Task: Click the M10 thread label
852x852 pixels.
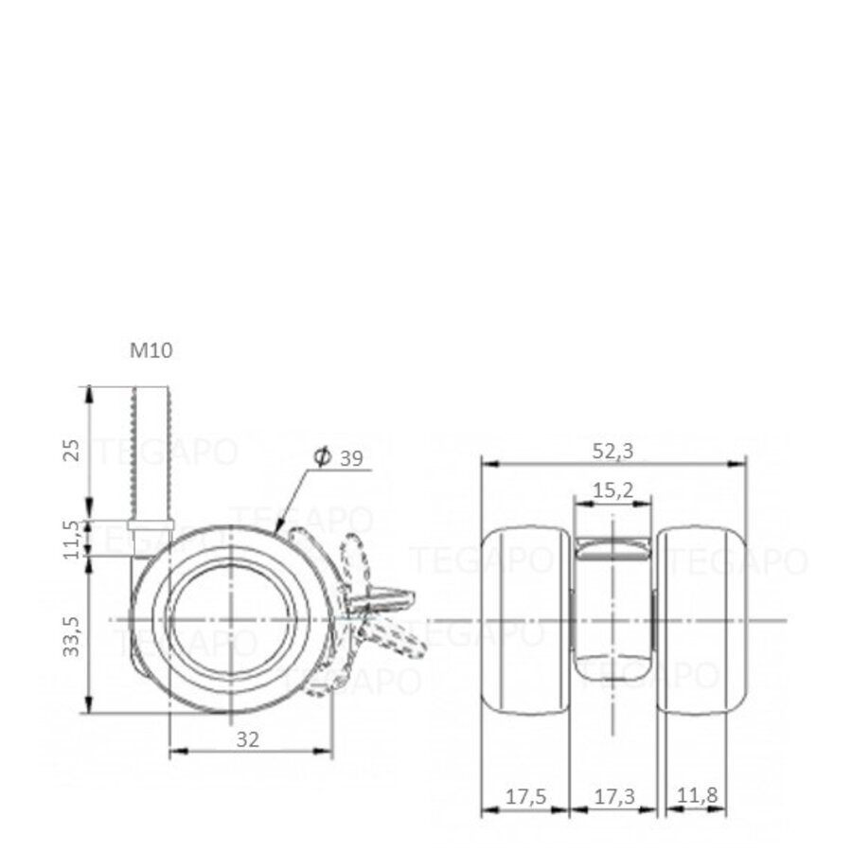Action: [151, 350]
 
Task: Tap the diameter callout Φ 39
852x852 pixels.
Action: [339, 458]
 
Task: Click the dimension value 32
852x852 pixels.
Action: [248, 739]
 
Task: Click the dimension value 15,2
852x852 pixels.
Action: [613, 489]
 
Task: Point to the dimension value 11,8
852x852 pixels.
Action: [697, 798]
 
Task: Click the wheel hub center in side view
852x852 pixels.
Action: [231, 619]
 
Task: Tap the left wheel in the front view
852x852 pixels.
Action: [525, 620]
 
